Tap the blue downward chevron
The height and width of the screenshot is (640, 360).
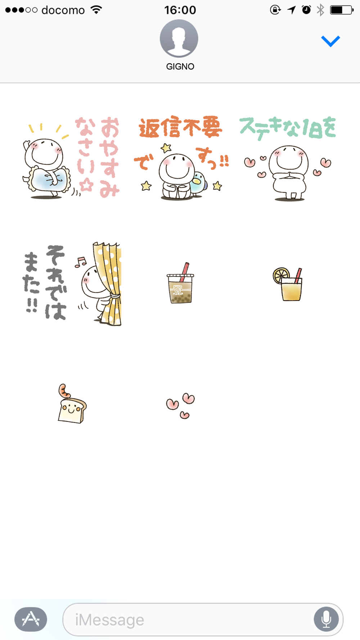(x=330, y=41)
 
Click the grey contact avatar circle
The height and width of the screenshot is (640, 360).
(x=179, y=39)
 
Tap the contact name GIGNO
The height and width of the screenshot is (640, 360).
(x=180, y=67)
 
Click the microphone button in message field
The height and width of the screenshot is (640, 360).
(x=326, y=619)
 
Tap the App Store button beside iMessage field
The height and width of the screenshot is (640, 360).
(x=31, y=619)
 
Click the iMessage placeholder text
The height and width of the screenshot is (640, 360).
(x=109, y=620)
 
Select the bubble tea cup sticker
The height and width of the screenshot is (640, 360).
(x=180, y=283)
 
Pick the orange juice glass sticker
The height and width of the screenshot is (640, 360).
(x=288, y=284)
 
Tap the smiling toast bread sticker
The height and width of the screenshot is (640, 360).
(x=72, y=404)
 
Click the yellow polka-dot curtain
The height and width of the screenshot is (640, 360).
(x=108, y=284)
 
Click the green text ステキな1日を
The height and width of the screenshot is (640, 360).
(x=288, y=128)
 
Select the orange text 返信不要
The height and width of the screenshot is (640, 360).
(x=180, y=128)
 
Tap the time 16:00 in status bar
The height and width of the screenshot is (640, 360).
(x=180, y=10)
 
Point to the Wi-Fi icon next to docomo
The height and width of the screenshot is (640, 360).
(x=96, y=10)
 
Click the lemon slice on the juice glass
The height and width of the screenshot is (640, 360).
(x=280, y=275)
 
